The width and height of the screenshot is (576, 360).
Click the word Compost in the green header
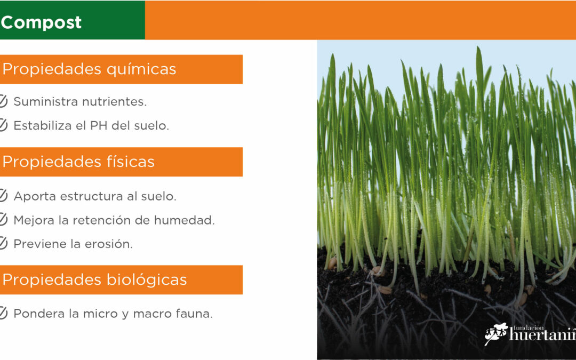[x=41, y=23]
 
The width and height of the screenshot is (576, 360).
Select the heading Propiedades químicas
[x=89, y=69]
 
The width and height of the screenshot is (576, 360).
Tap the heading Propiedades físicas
[x=78, y=162]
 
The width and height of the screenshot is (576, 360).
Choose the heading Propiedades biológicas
[x=94, y=279]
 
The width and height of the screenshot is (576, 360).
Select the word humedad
[x=184, y=220]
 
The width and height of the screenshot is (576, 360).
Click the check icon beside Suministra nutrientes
[x=3, y=101]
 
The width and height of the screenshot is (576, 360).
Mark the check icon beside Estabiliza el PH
[x=3, y=125]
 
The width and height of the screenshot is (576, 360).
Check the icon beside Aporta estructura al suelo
[x=3, y=195]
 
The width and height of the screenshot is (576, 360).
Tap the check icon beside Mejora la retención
[x=3, y=219]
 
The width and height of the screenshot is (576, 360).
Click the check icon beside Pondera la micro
[x=3, y=313]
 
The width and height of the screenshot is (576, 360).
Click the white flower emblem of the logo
[x=496, y=333]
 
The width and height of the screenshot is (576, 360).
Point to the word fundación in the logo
[x=528, y=328]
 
